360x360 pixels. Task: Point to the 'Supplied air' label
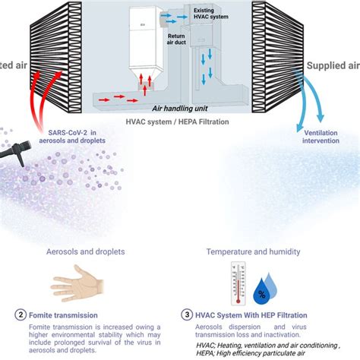(332, 66)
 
